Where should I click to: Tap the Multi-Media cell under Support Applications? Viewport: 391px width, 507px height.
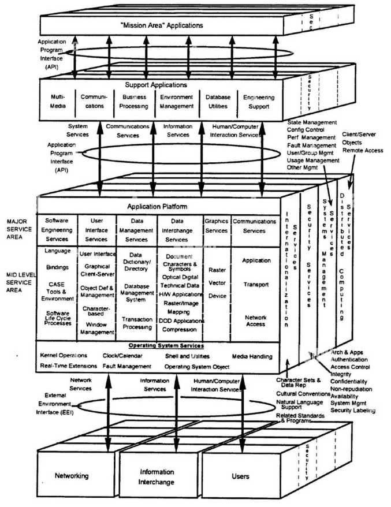[x=55, y=102]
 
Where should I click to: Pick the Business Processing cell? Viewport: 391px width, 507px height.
[x=134, y=102]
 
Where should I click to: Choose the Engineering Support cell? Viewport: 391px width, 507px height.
[x=258, y=102]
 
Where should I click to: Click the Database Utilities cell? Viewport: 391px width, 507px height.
[x=217, y=102]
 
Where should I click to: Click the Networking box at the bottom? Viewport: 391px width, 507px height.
[x=71, y=476]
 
